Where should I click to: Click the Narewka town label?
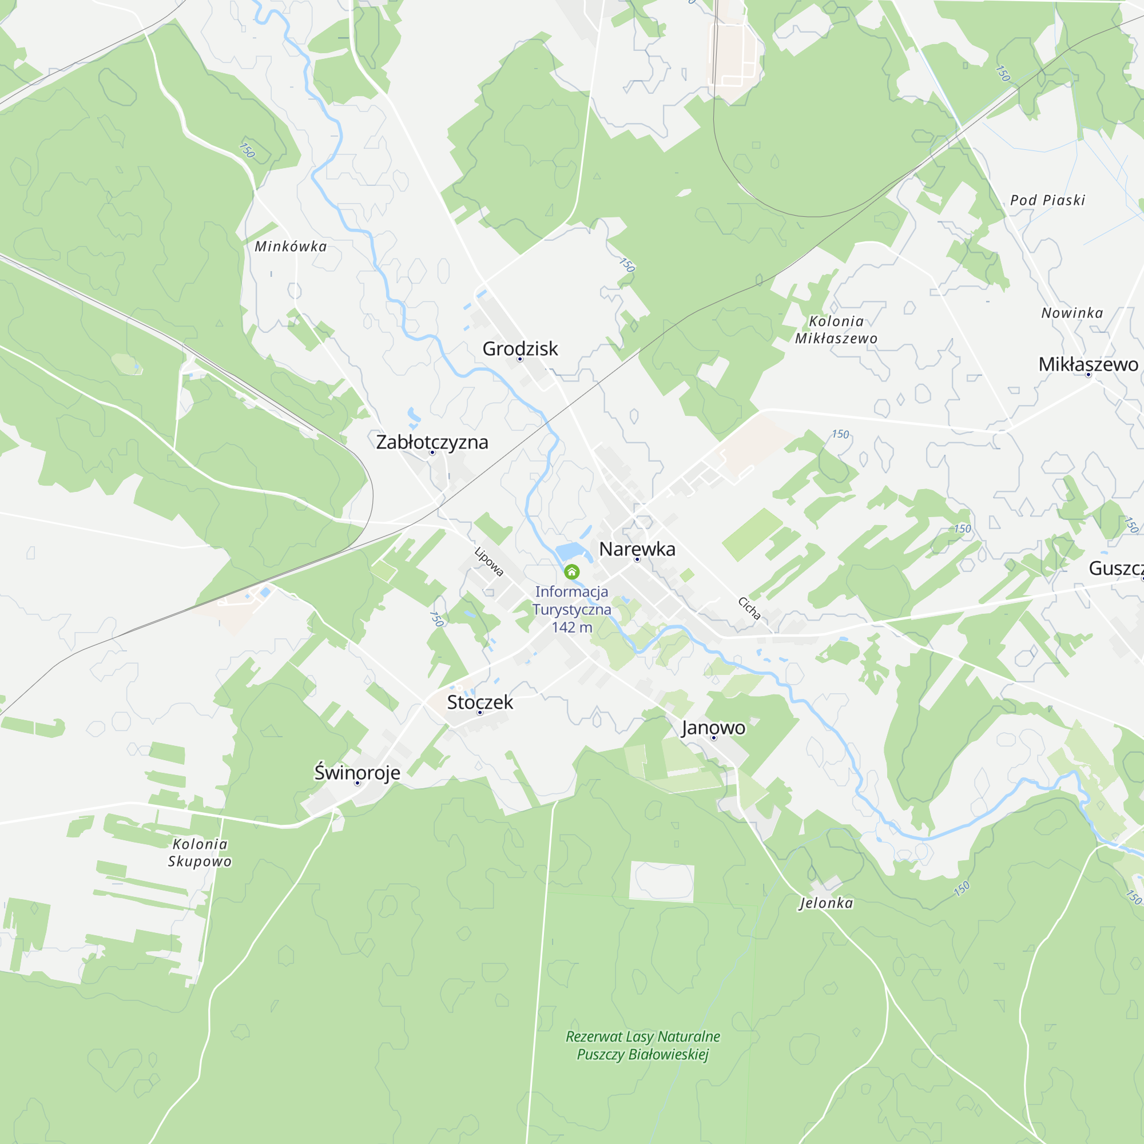click(x=637, y=549)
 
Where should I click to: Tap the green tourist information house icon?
click(x=571, y=571)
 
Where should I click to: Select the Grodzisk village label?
click(x=520, y=349)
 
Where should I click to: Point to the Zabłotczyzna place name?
click(x=432, y=442)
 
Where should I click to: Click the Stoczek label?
click(x=480, y=702)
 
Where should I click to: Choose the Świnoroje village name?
click(x=357, y=772)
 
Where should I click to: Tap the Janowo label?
click(x=713, y=727)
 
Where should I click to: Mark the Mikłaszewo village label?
click(x=1088, y=364)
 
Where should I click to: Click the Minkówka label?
click(x=290, y=247)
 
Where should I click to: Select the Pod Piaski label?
click(x=1047, y=200)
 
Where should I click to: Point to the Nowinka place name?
click(x=1072, y=313)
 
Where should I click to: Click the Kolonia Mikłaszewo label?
click(x=836, y=330)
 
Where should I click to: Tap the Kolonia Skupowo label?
click(x=200, y=853)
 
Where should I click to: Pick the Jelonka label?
click(x=826, y=903)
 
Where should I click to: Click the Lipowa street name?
click(x=489, y=561)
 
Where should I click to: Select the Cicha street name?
click(x=749, y=608)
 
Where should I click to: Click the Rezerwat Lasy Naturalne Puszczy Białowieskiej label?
click(x=642, y=1045)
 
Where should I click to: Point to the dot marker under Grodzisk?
click(x=520, y=359)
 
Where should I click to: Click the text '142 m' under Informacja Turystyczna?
click(x=571, y=627)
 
